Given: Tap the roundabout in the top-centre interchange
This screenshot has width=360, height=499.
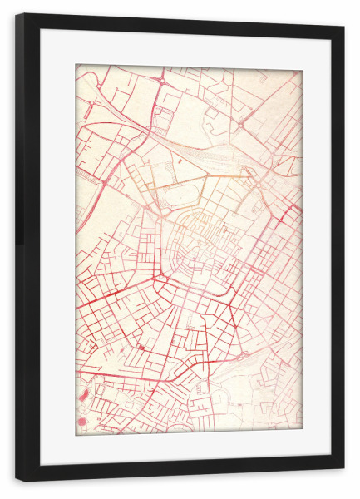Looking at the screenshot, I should [x=159, y=80].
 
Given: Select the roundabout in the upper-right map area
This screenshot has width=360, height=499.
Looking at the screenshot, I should [x=241, y=125].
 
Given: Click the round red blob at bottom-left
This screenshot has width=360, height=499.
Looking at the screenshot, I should [x=81, y=422].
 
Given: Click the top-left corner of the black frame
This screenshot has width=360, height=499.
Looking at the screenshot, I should [x=17, y=15].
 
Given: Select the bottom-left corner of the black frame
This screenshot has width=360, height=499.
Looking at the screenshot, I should [x=17, y=480].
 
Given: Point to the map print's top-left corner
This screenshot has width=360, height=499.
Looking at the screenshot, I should [x=76, y=65].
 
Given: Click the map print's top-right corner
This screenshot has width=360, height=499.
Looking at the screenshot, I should [x=302, y=70].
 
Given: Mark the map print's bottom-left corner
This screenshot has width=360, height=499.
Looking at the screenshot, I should [x=76, y=434].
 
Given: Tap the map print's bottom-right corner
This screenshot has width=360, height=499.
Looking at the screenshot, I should [x=302, y=429].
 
